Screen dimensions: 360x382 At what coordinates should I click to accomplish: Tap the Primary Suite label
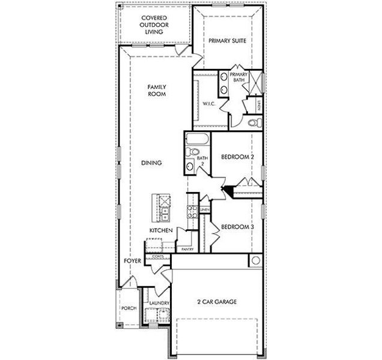228,41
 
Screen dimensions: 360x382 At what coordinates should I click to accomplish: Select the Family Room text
157,91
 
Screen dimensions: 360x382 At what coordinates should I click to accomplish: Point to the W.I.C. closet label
209,103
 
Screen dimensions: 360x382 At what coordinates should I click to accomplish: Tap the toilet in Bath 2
191,167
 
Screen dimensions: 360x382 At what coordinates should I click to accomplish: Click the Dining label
153,163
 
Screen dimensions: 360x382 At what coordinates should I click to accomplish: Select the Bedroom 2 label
238,157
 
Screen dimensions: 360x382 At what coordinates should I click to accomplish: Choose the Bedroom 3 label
238,227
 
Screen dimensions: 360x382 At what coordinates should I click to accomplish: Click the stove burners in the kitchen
193,211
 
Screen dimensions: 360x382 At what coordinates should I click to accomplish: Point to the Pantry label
187,249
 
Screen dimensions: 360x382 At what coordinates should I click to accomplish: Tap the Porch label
129,308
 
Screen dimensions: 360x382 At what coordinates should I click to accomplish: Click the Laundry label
159,304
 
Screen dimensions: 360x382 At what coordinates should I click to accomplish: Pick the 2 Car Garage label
217,301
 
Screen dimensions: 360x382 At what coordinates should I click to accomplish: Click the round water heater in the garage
255,261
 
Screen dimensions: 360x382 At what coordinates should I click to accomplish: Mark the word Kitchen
162,230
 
